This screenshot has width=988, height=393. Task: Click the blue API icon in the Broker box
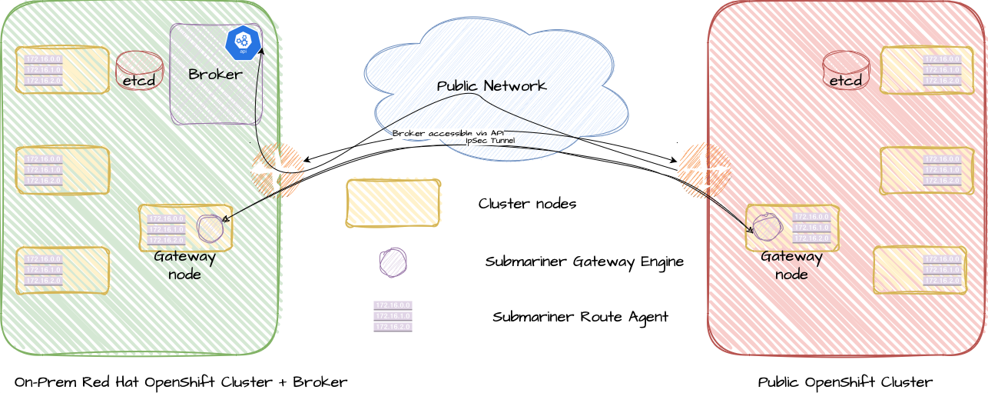pyautogui.click(x=243, y=42)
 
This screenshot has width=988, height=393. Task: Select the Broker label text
pyautogui.click(x=215, y=75)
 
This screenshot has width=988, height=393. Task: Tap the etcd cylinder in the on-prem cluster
pyautogui.click(x=139, y=72)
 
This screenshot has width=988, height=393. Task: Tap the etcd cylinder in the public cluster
pyautogui.click(x=845, y=72)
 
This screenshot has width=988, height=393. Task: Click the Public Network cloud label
pyautogui.click(x=492, y=86)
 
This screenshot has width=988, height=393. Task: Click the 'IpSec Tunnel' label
pyautogui.click(x=490, y=141)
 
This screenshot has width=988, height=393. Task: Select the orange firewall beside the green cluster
pyautogui.click(x=277, y=170)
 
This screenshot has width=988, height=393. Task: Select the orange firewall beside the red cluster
pyautogui.click(x=704, y=170)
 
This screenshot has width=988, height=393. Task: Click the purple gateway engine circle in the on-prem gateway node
pyautogui.click(x=210, y=228)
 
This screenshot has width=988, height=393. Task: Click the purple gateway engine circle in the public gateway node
pyautogui.click(x=766, y=227)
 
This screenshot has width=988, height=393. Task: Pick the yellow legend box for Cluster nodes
pyautogui.click(x=393, y=203)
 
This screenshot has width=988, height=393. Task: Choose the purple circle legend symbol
pyautogui.click(x=393, y=262)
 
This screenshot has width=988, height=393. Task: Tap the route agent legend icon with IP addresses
pyautogui.click(x=393, y=316)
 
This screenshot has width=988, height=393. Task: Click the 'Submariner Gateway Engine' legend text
pyautogui.click(x=584, y=261)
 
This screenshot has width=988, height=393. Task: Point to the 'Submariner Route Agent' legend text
pyautogui.click(x=580, y=317)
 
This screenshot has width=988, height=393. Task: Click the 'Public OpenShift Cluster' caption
pyautogui.click(x=845, y=382)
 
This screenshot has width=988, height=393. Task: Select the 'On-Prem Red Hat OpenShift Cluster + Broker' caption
pyautogui.click(x=181, y=382)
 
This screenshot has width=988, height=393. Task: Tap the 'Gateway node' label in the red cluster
pyautogui.click(x=791, y=265)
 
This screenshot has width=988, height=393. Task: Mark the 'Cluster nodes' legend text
pyautogui.click(x=527, y=204)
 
